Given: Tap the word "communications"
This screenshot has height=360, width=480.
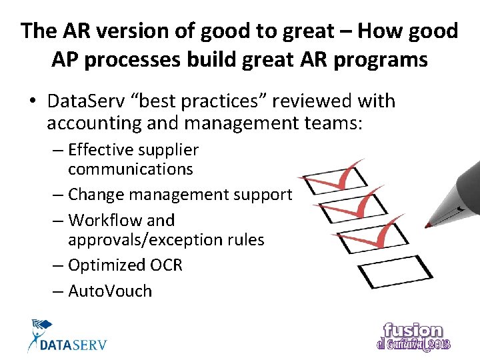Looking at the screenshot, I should (131, 169).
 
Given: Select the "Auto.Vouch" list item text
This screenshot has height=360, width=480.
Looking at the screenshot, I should (110, 291).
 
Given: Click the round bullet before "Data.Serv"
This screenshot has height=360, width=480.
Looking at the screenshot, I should (32, 102).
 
